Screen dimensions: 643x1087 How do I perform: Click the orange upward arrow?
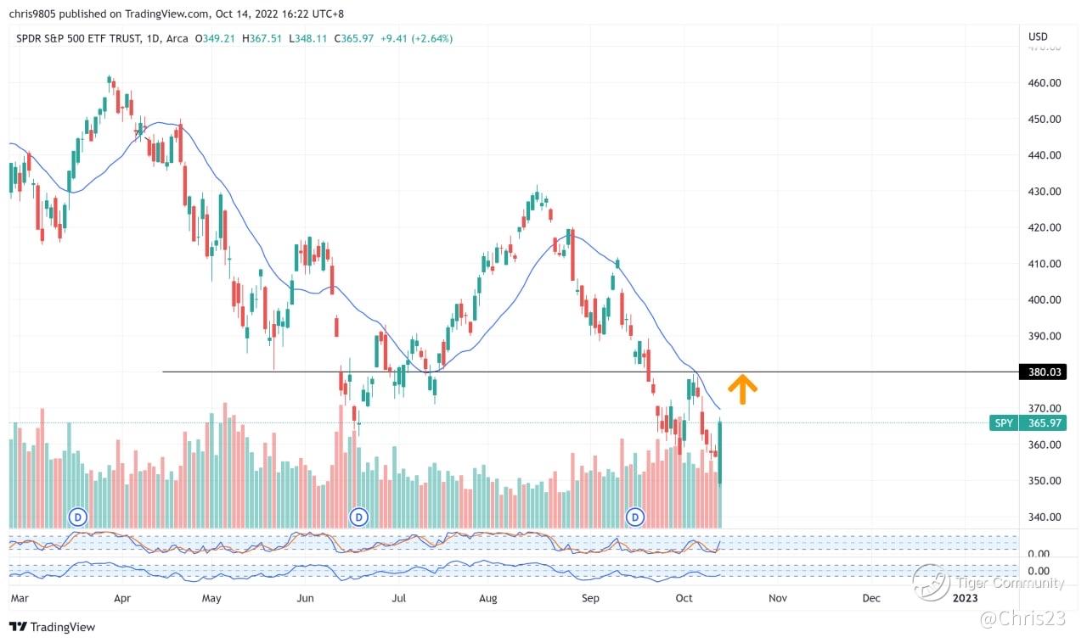[x=743, y=389]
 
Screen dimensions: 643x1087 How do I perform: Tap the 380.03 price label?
[x=1041, y=372]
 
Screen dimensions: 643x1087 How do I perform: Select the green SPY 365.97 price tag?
[x=1027, y=422]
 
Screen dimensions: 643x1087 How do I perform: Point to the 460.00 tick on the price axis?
[x=1043, y=83]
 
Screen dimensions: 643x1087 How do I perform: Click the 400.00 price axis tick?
[x=1043, y=299]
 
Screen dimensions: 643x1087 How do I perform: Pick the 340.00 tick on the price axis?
[x=1043, y=517]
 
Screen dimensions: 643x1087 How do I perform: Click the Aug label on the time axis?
[x=487, y=598]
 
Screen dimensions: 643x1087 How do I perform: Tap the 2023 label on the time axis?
[x=965, y=598]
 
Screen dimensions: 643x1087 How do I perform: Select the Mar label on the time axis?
[x=20, y=598]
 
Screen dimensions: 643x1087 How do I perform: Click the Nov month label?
[x=777, y=598]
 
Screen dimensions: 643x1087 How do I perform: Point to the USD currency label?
[x=1038, y=36]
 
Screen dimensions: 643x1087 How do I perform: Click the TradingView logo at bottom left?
[x=53, y=627]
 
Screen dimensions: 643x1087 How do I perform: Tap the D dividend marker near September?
[x=635, y=516]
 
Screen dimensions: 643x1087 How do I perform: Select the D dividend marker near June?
[x=359, y=516]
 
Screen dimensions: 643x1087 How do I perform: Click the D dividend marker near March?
[x=78, y=516]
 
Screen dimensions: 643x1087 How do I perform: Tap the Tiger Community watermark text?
[x=1009, y=583]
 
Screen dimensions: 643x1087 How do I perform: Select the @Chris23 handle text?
[x=1022, y=620]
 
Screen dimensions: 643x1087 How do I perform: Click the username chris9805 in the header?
[x=34, y=14]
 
